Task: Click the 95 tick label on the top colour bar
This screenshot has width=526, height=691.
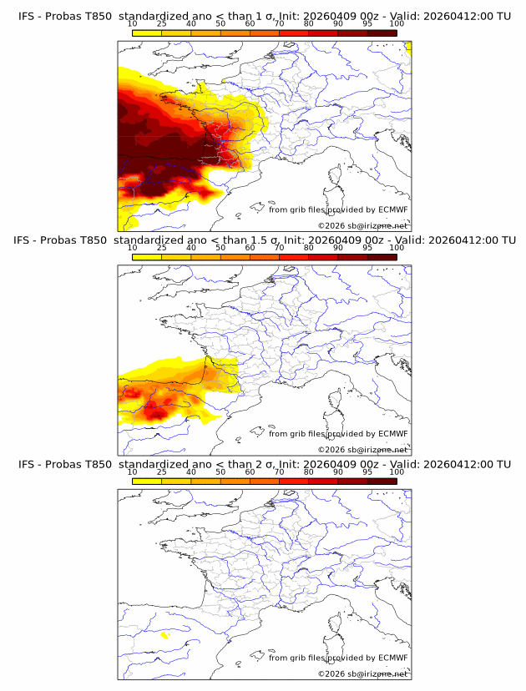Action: [x=367, y=24]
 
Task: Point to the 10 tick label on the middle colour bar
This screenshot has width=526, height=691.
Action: [x=133, y=248]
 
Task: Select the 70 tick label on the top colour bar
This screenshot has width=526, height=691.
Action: [x=279, y=24]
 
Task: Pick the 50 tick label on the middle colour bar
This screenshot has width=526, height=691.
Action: [x=220, y=248]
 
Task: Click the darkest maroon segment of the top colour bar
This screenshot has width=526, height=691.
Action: [x=382, y=33]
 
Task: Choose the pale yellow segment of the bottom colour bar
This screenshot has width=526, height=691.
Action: [x=147, y=481]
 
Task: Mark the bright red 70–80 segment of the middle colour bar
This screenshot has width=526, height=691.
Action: [x=293, y=256]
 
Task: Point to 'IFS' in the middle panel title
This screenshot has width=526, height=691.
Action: [x=25, y=240]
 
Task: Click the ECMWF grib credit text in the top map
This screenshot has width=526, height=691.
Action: [x=338, y=209]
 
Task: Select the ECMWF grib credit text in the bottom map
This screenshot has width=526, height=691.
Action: [x=338, y=657]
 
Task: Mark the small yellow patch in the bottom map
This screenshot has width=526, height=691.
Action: [x=164, y=635]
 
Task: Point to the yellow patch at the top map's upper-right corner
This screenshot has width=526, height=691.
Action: [x=408, y=48]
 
